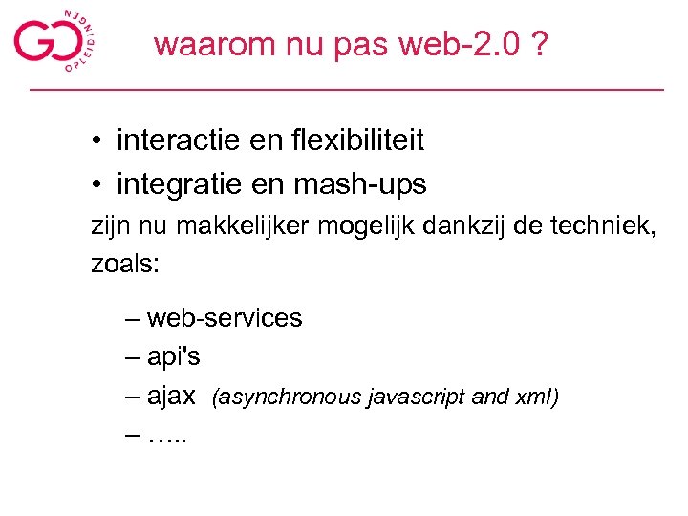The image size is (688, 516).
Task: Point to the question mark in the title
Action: (542, 45)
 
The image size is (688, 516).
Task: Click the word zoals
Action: (125, 264)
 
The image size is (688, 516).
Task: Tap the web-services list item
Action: (225, 318)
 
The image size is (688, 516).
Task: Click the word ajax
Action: (171, 396)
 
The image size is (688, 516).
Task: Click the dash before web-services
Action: (132, 318)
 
